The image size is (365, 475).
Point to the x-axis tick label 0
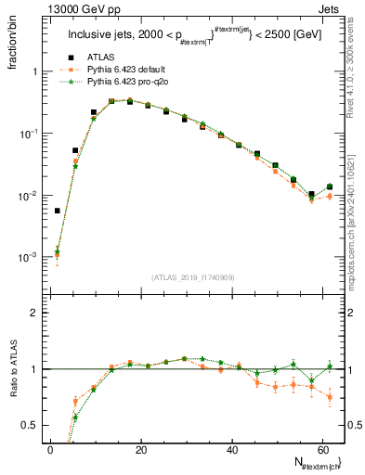pos(49,449)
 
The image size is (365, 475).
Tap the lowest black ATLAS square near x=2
pos(57,211)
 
